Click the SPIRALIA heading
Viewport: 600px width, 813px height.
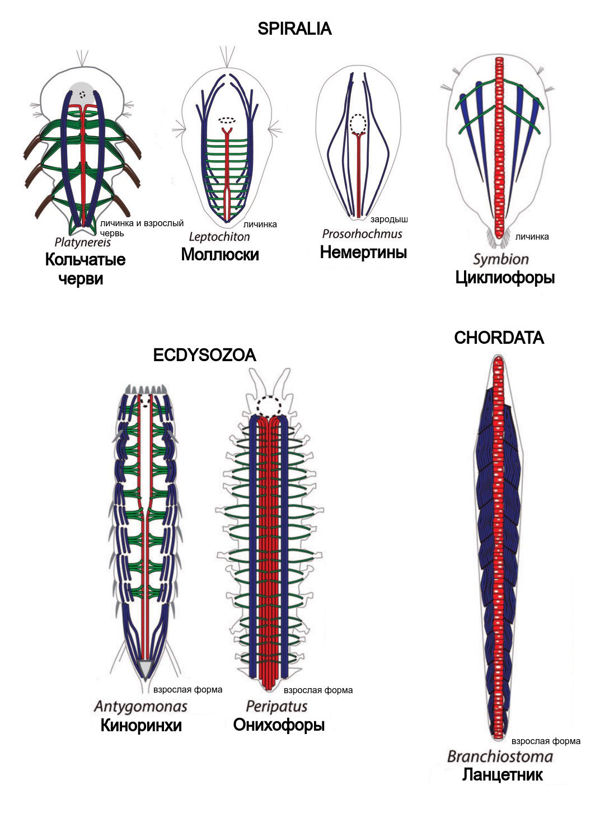point(294,29)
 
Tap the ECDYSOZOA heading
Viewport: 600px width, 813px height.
point(204,355)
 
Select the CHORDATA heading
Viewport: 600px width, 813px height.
point(499,338)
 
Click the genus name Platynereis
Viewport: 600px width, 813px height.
point(83,242)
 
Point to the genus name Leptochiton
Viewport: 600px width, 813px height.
point(219,236)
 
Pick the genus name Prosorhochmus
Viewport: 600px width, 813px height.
point(362,233)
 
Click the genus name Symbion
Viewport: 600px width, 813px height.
point(500,259)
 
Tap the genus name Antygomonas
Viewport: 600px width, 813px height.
point(140,707)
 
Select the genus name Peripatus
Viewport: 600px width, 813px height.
point(276,706)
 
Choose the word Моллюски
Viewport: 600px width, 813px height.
point(220,254)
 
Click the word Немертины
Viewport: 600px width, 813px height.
point(363,253)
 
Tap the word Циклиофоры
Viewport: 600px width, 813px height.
point(505,277)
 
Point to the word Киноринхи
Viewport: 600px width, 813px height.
point(141,726)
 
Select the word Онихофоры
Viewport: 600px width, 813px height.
point(279,725)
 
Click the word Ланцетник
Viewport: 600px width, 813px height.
point(502,775)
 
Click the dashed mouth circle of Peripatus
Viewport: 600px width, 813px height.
point(269,406)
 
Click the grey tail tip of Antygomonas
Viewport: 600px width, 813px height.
point(146,668)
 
